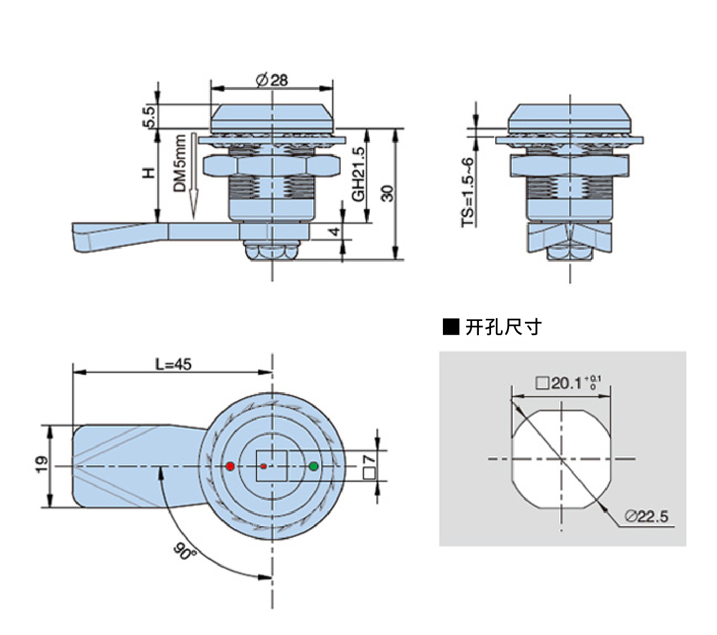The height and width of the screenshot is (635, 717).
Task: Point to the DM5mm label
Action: (180, 163)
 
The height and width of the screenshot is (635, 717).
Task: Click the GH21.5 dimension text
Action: (358, 174)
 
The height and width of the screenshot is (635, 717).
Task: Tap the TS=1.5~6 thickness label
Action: (467, 192)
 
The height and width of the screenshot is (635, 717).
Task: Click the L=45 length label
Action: (174, 364)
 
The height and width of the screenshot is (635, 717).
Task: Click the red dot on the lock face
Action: (230, 466)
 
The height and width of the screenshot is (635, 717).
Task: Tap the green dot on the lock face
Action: (314, 466)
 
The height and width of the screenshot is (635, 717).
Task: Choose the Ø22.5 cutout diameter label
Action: (646, 517)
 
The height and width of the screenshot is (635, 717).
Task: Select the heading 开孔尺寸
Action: (503, 327)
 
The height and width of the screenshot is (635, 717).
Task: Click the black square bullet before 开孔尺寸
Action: (451, 327)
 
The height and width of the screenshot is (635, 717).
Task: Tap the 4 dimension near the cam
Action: (334, 232)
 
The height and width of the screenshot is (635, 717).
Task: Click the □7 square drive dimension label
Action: (369, 467)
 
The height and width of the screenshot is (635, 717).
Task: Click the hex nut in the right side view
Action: (569, 166)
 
